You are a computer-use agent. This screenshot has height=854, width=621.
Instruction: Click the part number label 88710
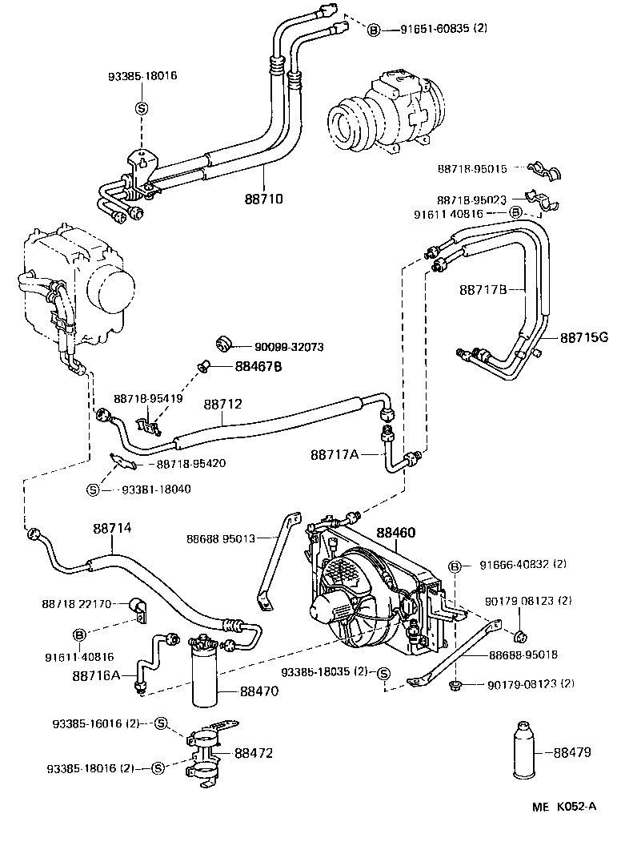[263, 198]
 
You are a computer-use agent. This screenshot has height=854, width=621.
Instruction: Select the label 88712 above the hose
[222, 405]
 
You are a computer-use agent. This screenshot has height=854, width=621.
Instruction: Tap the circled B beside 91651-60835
[373, 30]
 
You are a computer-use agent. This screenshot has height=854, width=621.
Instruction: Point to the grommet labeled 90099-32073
[224, 344]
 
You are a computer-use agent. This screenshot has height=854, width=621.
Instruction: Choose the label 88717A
[335, 454]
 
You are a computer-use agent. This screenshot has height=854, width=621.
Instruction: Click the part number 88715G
[583, 337]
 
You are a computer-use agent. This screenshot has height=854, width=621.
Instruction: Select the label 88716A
[95, 675]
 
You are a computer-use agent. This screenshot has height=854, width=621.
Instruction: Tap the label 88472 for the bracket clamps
[254, 753]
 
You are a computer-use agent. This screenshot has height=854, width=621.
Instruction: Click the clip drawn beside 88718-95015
[547, 170]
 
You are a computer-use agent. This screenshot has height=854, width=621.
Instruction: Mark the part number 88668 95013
[221, 538]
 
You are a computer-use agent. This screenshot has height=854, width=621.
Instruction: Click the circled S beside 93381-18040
[92, 489]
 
